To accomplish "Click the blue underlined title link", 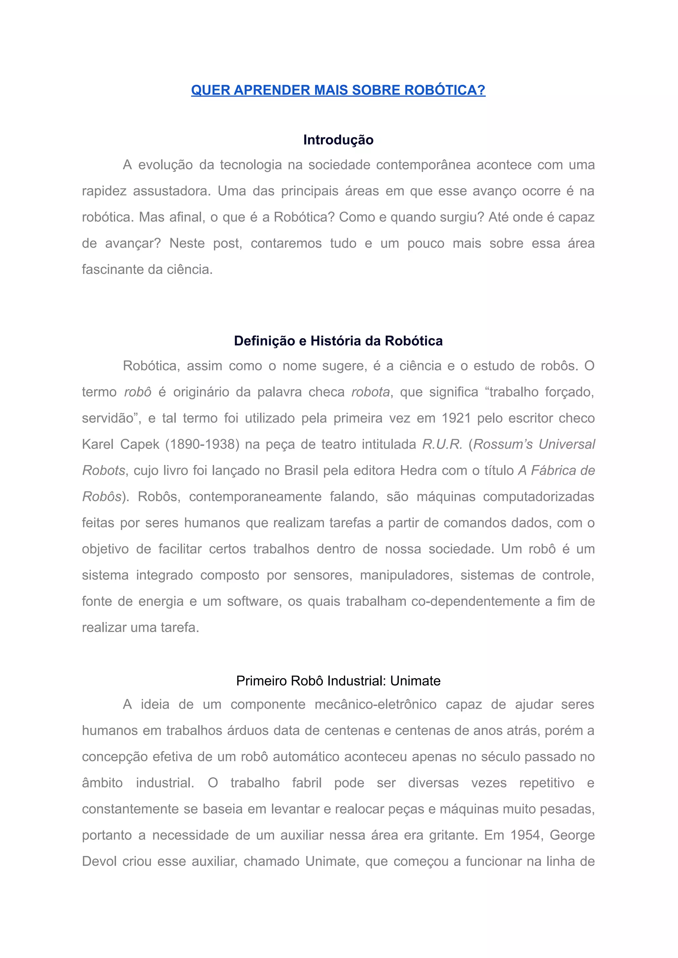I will pos(338,90).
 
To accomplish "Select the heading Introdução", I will pos(338,140).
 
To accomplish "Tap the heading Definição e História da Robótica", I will pos(338,341).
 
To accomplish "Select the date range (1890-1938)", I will pos(203,444).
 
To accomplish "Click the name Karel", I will pos(98,444).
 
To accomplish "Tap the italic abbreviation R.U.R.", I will pos(442,444).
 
